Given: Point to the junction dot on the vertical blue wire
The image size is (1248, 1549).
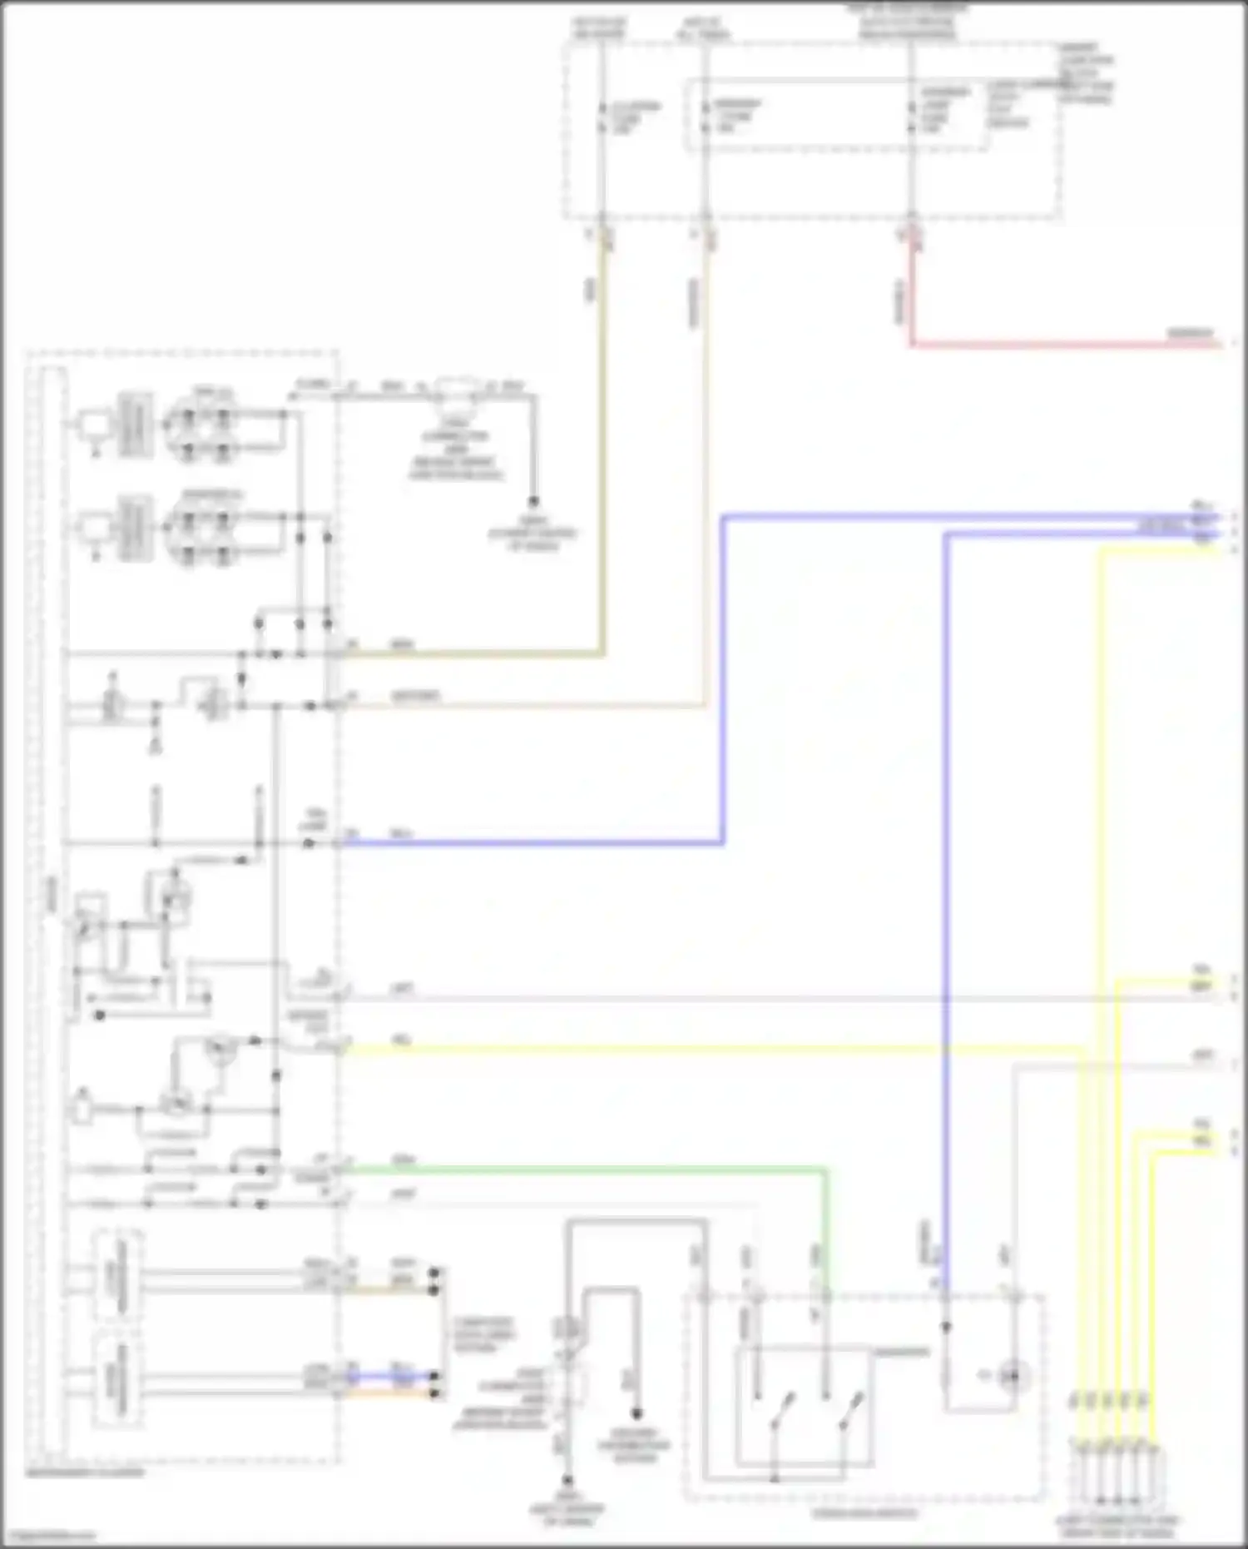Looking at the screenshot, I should coord(946,1327).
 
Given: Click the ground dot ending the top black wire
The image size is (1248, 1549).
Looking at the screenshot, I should coord(533,502).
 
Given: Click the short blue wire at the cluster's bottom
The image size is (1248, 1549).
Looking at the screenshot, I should coord(391,1376).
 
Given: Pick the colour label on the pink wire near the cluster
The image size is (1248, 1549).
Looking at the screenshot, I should coord(402,989).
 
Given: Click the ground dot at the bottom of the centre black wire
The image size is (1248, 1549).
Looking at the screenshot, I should coord(567,1482).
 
